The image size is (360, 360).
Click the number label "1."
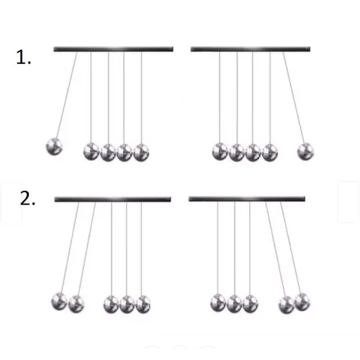pos(23,58)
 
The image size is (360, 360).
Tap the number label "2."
pos(27,199)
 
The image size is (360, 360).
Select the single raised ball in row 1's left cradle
pos(54,146)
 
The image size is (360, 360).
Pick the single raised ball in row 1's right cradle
pos(305,151)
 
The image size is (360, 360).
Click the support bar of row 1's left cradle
pos(113,49)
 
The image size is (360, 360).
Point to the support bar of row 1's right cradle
pos(251,49)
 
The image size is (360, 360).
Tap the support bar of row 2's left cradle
pos(112,199)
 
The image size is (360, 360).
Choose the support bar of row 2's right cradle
pos(247,199)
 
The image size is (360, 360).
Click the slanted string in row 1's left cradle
pos(67,95)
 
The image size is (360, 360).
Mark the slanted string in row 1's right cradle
pos(294,98)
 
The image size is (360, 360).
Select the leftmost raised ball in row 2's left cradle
pos(60,302)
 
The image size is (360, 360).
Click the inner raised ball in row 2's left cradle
pos(76,304)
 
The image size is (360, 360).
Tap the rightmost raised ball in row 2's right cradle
pos(302,302)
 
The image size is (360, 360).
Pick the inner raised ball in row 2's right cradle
pos(287,305)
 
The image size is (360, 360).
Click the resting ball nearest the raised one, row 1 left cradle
pos(91,151)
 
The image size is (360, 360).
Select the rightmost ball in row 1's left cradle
pos(141,153)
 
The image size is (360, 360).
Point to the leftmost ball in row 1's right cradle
pos(220,151)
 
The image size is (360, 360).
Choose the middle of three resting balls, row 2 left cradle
pos(127,305)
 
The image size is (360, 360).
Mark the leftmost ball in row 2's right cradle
pos(218,303)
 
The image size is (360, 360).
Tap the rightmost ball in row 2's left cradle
pos(143,305)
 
